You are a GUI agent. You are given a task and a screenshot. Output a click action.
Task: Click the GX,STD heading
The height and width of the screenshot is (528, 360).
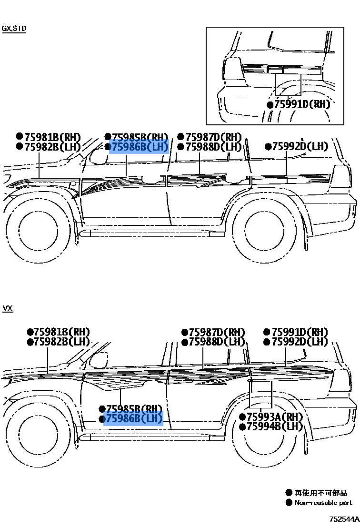click(x=14, y=29)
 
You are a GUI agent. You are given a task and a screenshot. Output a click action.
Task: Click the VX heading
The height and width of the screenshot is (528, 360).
click(x=8, y=308)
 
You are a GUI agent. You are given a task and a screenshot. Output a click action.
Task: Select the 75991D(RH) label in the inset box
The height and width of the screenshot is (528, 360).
click(x=302, y=104)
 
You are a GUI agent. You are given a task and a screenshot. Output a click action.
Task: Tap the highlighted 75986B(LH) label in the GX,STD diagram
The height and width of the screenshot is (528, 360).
click(x=139, y=147)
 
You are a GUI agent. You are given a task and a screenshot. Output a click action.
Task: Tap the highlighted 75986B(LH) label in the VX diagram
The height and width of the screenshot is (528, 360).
click(x=133, y=419)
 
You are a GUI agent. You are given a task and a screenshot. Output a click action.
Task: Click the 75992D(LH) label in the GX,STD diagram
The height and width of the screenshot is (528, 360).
click(x=300, y=146)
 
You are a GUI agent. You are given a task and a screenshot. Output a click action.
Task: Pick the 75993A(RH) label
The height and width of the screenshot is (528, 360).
click(x=274, y=417)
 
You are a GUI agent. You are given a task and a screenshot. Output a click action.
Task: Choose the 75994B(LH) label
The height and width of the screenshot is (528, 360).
click(x=274, y=426)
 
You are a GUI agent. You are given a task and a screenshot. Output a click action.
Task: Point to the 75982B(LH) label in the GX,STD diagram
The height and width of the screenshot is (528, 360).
click(x=52, y=147)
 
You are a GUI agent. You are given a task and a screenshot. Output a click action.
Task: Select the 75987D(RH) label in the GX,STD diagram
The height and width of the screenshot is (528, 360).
click(x=213, y=137)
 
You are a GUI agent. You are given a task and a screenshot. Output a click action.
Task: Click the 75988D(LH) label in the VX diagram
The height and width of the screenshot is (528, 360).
click(x=217, y=342)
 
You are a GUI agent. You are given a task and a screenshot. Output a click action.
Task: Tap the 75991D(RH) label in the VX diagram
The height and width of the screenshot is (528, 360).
click(x=299, y=332)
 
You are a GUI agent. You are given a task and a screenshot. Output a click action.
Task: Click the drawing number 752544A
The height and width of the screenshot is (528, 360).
click(x=343, y=518)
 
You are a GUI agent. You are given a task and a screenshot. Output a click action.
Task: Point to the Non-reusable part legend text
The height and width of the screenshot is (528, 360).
click(x=323, y=503)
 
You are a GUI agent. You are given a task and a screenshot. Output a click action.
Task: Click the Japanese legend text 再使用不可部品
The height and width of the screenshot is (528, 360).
click(x=320, y=493)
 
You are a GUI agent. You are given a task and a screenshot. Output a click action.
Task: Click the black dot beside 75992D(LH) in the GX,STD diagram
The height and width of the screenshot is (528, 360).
click(x=268, y=147)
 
